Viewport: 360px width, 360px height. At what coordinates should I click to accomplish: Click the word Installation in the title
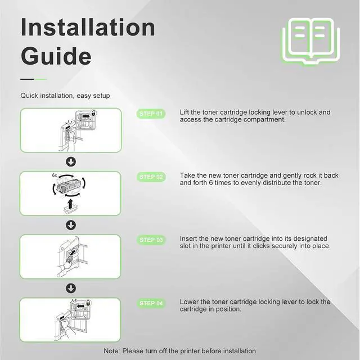[88, 27]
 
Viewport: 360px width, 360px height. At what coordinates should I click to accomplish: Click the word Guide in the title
[56, 56]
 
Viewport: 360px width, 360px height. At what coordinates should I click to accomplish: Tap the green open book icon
[311, 41]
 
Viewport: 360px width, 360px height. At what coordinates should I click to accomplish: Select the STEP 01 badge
[151, 114]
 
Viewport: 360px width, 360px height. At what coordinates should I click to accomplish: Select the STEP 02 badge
[151, 177]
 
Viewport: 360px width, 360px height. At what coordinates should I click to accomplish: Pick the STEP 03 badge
[151, 240]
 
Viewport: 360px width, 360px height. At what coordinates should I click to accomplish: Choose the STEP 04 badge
[151, 303]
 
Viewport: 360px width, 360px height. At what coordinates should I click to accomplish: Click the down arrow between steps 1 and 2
[71, 162]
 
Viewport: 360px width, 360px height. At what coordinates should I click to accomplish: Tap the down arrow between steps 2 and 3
[71, 225]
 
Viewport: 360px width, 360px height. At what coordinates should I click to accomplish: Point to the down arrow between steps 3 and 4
[71, 289]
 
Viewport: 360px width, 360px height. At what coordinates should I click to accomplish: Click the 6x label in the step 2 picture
[55, 175]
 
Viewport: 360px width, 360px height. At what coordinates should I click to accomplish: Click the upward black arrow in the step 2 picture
[71, 204]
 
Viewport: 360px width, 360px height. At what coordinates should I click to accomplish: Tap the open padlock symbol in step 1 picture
[94, 112]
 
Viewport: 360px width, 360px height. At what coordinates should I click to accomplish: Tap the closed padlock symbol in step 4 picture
[88, 303]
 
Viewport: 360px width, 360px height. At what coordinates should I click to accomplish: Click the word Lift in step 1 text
[184, 112]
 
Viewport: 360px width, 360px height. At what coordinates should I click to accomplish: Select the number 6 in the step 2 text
[211, 183]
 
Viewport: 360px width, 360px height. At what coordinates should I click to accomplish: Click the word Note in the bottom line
[111, 351]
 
